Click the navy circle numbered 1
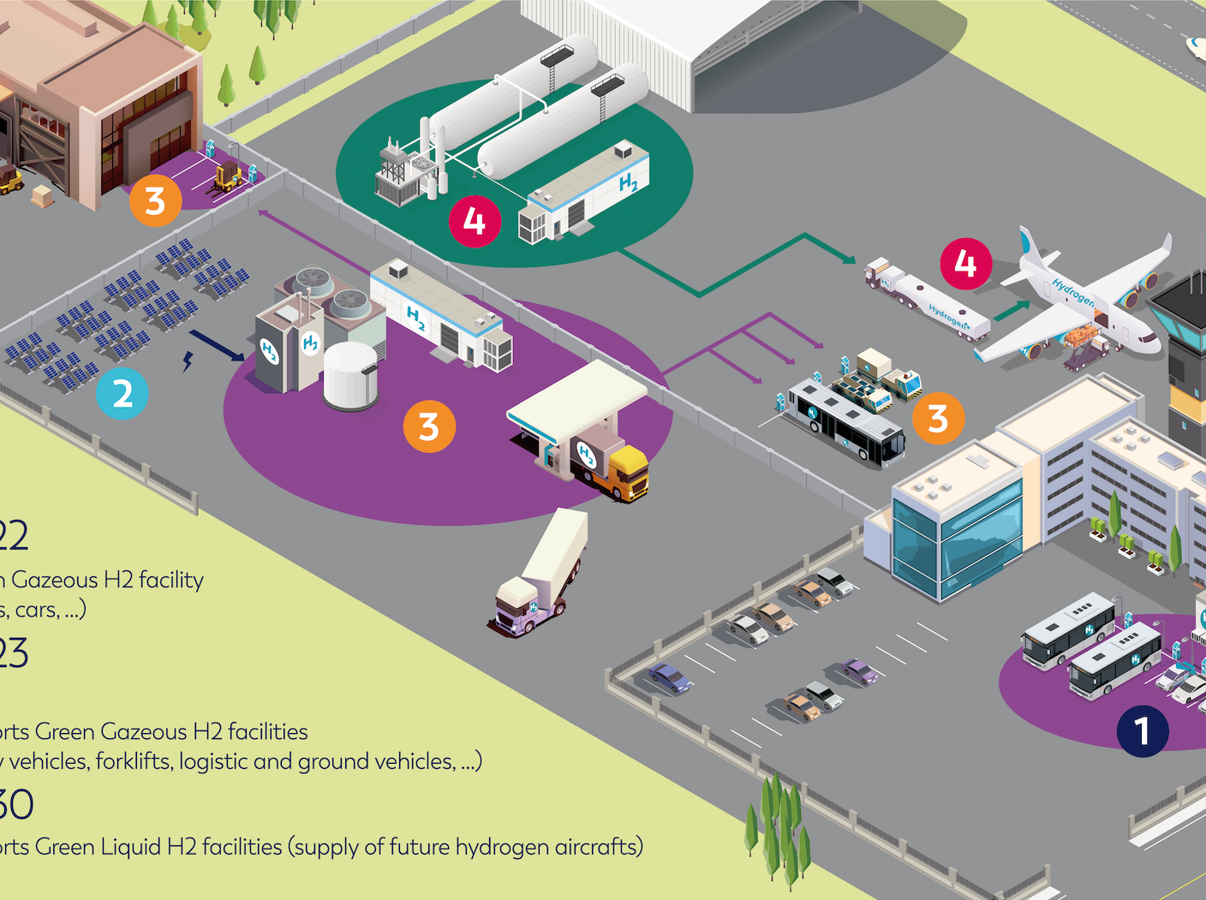pyautogui.click(x=1142, y=731)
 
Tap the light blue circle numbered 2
pyautogui.click(x=122, y=393)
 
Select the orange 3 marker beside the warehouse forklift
pyautogui.click(x=155, y=201)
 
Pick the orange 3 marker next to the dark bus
pyautogui.click(x=938, y=419)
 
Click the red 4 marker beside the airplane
pyautogui.click(x=965, y=264)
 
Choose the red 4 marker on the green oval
pyautogui.click(x=475, y=222)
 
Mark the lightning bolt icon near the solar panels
pyautogui.click(x=187, y=361)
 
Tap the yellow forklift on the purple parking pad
pyautogui.click(x=228, y=176)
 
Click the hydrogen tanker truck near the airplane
pyautogui.click(x=929, y=305)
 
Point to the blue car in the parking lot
pyautogui.click(x=669, y=677)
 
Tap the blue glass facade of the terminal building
pyautogui.click(x=981, y=539)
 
